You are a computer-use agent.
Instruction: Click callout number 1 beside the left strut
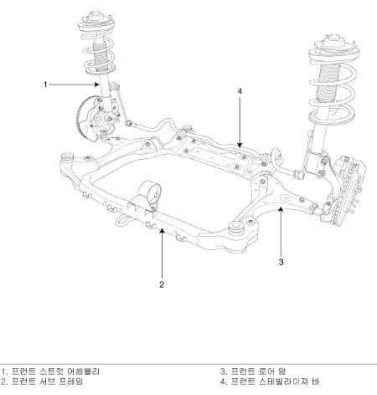pos(45,85)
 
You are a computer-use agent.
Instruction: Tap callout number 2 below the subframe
pos(162,285)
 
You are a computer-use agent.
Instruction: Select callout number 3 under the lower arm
pos(281,262)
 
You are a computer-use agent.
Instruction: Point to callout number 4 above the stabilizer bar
pos(240,91)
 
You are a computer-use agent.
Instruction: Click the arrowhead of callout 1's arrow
pos(97,85)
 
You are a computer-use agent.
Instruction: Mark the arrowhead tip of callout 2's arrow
pos(162,228)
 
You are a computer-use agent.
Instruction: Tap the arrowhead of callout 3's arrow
pos(281,207)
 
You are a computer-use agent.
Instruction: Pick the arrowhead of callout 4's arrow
pos(240,146)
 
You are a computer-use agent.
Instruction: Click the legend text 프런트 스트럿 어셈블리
pos(55,372)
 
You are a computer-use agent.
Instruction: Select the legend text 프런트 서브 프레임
pos(48,382)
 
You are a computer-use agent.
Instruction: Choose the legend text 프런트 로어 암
pos(258,372)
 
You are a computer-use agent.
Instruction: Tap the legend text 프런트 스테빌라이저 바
pos(275,382)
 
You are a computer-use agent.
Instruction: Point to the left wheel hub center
pos(99,120)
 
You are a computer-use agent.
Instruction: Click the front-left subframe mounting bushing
pos(67,156)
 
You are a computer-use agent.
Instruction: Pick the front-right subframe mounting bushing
pos(236,227)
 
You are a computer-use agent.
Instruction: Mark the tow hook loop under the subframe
pos(123,219)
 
